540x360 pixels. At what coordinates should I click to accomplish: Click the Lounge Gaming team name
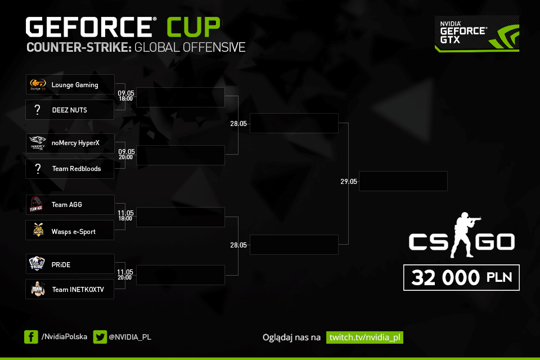point(75,85)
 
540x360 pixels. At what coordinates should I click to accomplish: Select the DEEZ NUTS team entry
point(70,110)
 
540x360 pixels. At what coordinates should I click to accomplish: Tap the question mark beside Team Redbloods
point(38,169)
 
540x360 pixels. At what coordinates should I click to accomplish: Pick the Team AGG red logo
point(37,205)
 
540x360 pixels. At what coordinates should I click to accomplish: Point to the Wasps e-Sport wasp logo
point(38,230)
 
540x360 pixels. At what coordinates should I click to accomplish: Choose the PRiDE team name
point(61,264)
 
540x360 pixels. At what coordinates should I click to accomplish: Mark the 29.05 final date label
point(348,182)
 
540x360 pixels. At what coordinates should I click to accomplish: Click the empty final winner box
point(403,181)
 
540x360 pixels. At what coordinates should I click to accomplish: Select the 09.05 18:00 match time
point(125,95)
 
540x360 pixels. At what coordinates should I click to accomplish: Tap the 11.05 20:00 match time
point(125,274)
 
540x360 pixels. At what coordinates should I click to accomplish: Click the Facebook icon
point(31,337)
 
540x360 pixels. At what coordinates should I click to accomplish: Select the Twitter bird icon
point(100,337)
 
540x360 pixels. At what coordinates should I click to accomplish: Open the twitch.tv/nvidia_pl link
point(364,337)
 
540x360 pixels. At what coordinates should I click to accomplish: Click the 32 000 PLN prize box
point(461,278)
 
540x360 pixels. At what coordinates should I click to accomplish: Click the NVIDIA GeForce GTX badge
point(476,34)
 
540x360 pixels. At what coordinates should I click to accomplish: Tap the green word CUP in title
point(193,27)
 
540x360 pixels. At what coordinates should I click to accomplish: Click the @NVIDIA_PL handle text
point(129,337)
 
